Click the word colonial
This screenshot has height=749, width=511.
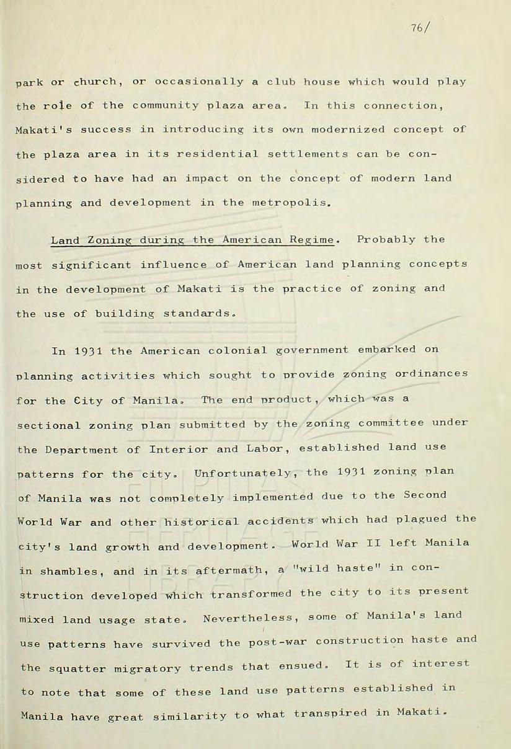[235, 350]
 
